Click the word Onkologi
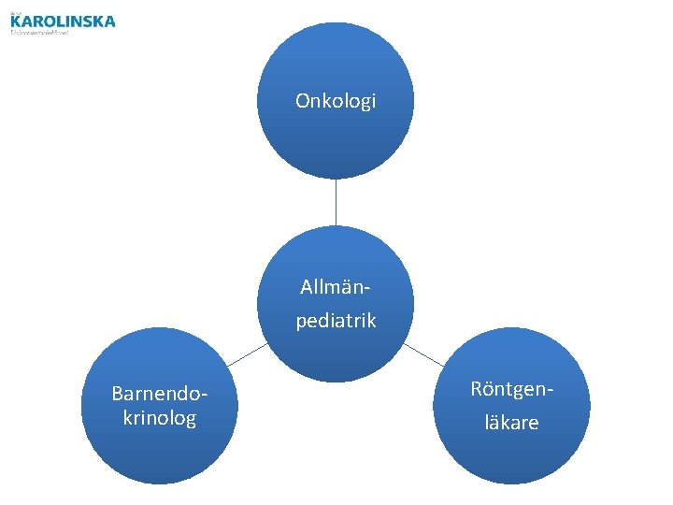tap(336, 100)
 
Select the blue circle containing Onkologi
tap(336, 140)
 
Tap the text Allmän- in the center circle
tap(336, 283)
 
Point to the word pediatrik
tap(336, 321)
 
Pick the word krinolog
tap(159, 417)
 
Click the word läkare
tap(511, 423)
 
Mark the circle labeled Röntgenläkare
tap(511, 458)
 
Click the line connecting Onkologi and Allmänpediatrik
tap(336, 202)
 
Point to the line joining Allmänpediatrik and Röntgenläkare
tap(424, 353)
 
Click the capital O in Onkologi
tap(302, 100)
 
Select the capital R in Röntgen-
tap(477, 387)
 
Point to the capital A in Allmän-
tap(306, 283)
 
